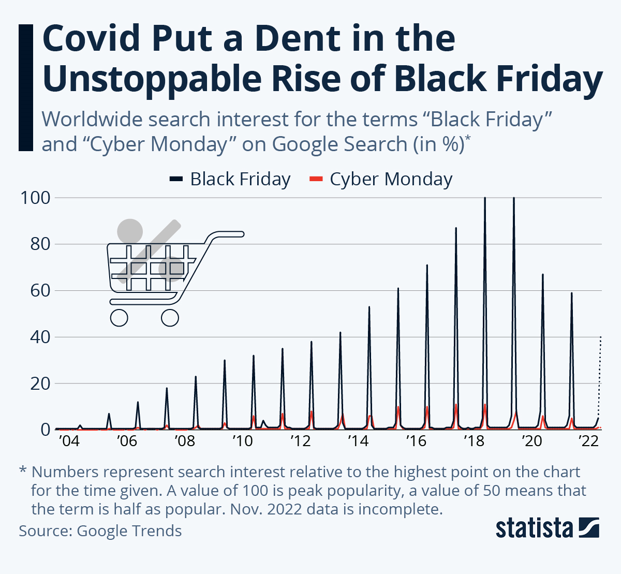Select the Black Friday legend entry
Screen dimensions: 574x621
(x=230, y=179)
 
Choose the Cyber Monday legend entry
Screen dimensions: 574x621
(x=381, y=179)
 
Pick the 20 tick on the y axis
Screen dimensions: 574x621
(x=40, y=384)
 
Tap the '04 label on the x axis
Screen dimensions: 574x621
(x=69, y=441)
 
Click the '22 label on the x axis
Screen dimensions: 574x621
(x=588, y=441)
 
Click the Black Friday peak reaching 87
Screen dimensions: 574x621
(x=456, y=229)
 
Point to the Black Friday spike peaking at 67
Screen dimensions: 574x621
(x=543, y=275)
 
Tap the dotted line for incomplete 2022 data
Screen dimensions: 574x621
(x=600, y=373)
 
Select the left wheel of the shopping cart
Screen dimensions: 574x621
(x=119, y=317)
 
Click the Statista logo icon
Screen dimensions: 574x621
(x=588, y=528)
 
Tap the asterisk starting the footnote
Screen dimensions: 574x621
(x=23, y=471)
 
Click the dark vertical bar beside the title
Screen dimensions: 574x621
(x=25, y=87)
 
